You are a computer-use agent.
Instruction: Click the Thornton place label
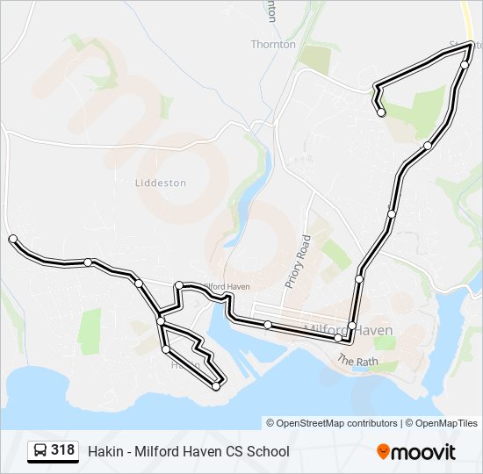[273, 44]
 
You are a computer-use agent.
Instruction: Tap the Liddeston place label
[161, 183]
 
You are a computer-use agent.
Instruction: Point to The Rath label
[357, 361]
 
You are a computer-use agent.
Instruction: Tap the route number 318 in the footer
[62, 450]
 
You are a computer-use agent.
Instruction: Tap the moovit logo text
[424, 452]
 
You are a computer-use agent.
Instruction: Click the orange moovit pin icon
[384, 451]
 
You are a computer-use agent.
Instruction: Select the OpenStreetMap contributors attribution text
[331, 423]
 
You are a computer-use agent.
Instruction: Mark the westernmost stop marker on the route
[12, 239]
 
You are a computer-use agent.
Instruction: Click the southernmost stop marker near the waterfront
[216, 386]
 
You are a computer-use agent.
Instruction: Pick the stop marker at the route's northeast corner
[465, 64]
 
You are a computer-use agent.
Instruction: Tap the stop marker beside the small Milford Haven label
[179, 285]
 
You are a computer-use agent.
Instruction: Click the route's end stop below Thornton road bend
[381, 112]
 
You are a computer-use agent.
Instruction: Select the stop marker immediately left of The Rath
[338, 338]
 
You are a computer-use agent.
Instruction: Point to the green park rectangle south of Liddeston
[90, 331]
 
